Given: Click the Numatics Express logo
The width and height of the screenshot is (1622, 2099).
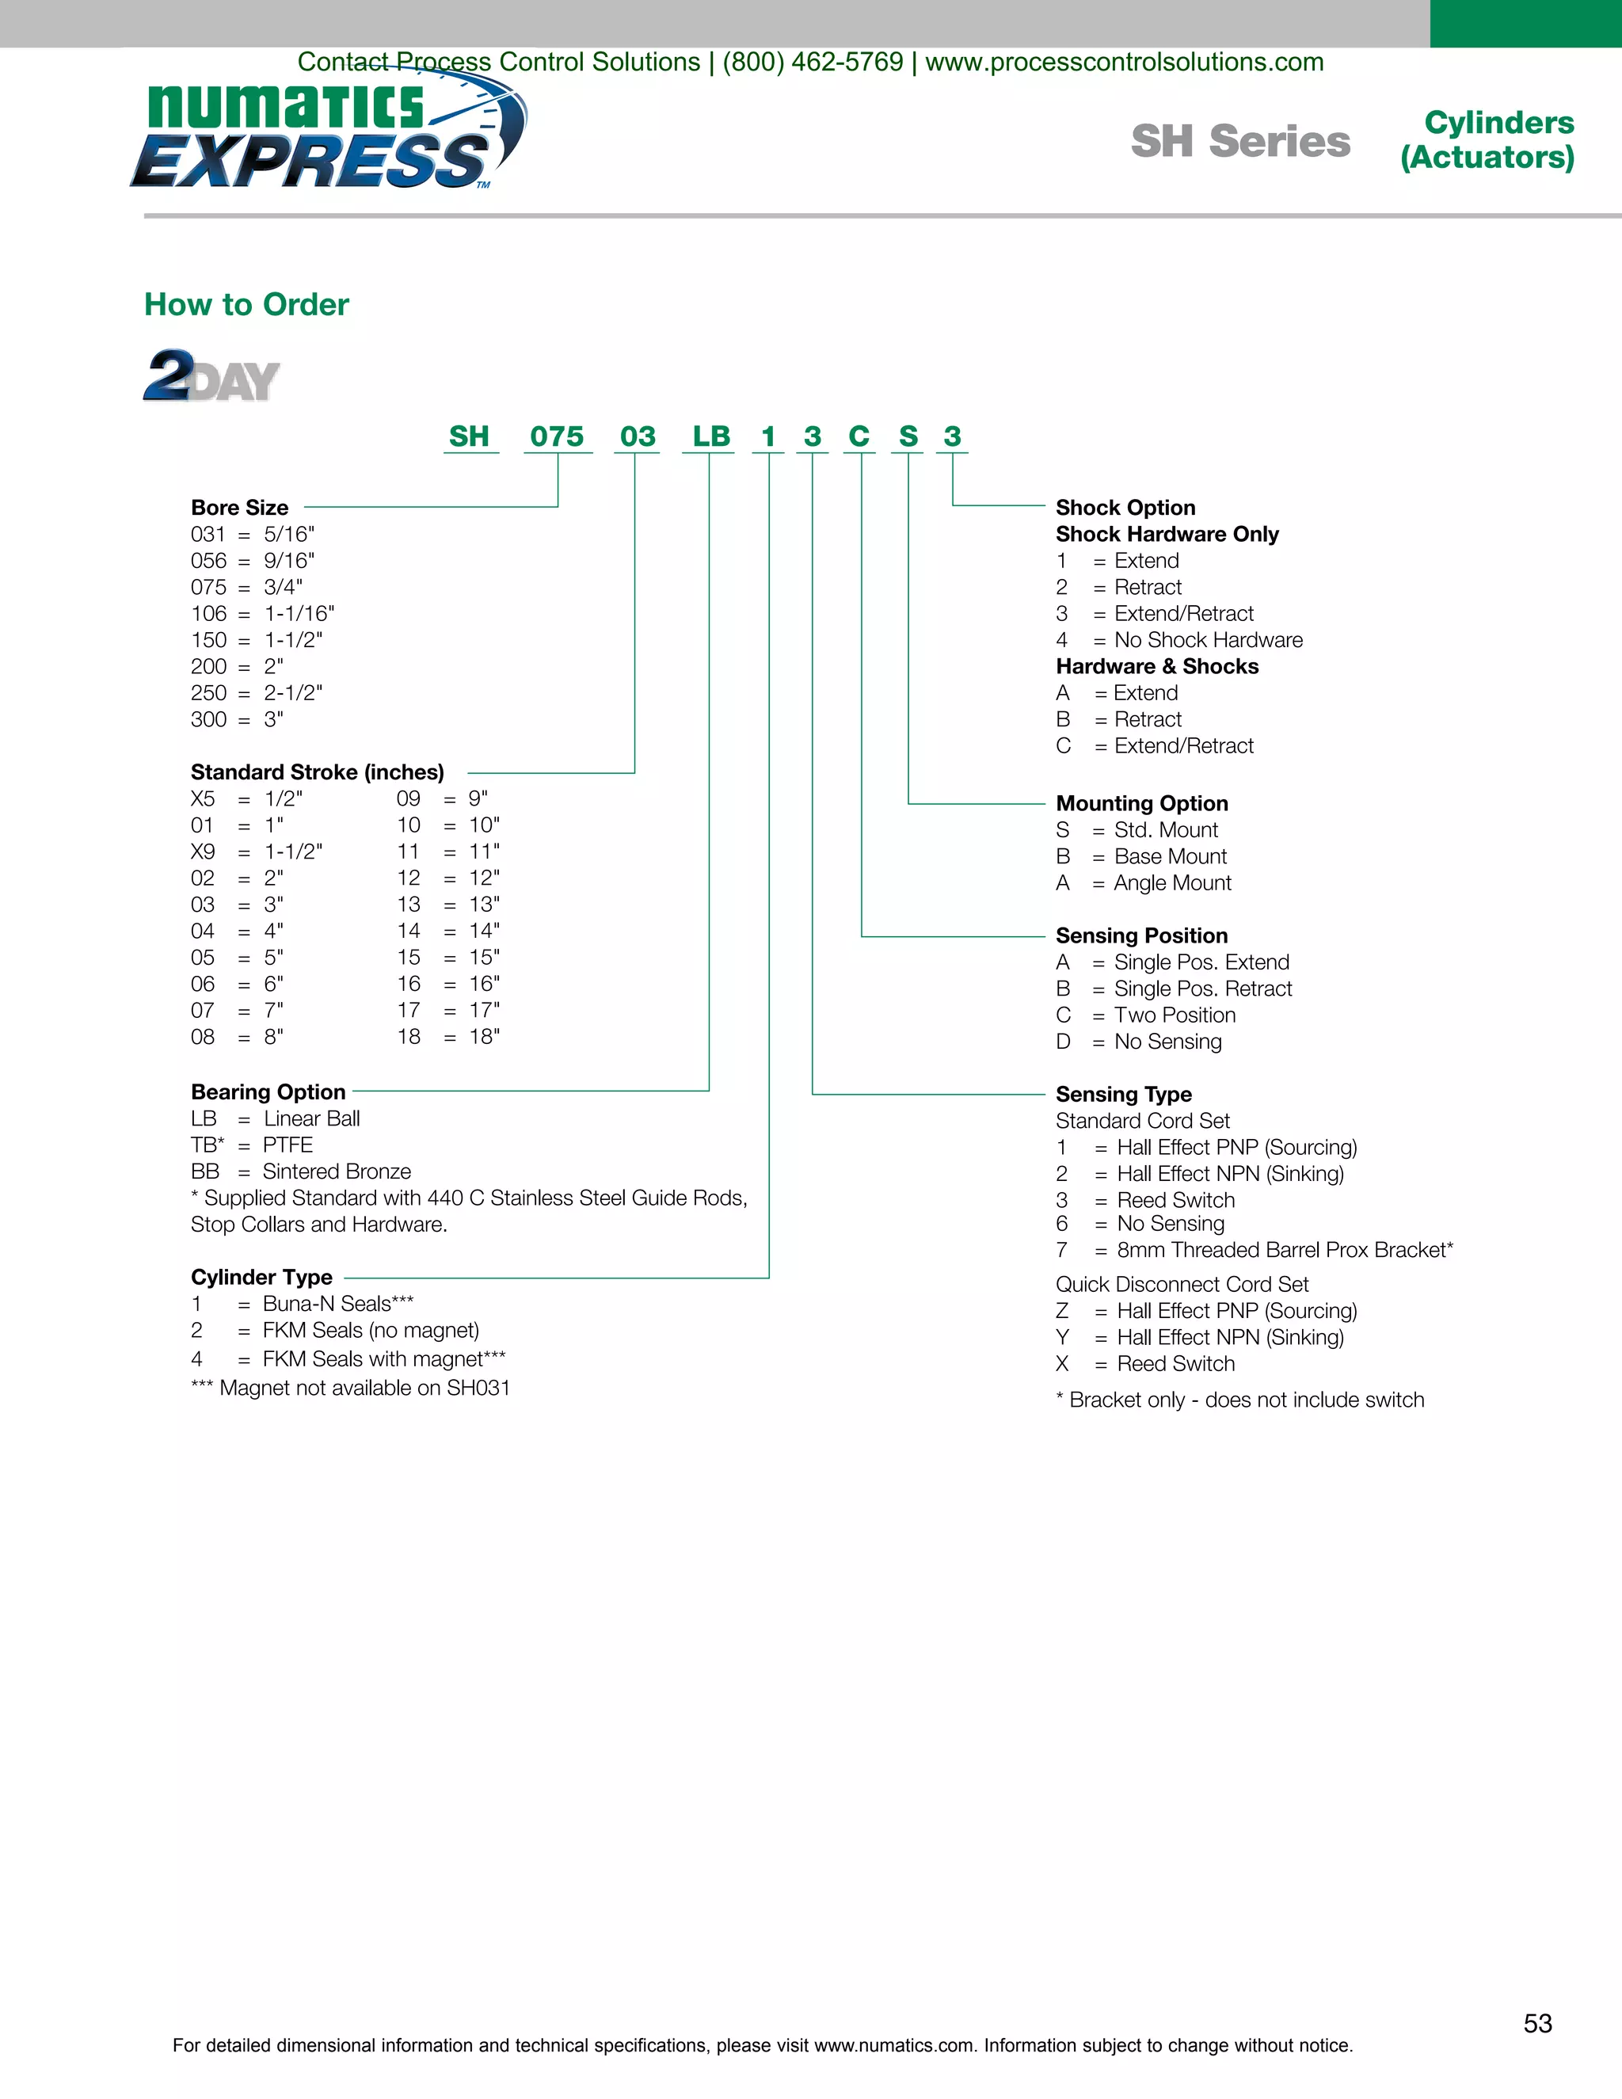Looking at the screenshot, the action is click(x=327, y=135).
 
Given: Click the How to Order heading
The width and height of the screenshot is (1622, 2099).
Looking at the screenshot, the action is click(x=246, y=305).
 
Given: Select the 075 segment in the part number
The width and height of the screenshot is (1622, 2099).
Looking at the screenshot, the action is click(x=558, y=436).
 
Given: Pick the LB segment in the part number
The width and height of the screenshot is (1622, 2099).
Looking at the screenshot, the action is click(x=711, y=436).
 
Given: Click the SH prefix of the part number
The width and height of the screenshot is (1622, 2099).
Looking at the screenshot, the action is click(x=469, y=436).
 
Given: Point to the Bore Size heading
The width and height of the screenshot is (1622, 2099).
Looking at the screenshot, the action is click(x=239, y=508).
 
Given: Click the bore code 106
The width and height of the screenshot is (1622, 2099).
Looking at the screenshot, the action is click(x=208, y=613).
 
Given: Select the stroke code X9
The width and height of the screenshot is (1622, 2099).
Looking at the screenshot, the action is click(x=203, y=851).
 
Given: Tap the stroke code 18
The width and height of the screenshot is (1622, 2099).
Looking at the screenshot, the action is click(x=409, y=1037).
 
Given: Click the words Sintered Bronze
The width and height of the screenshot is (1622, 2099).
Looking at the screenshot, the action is click(x=337, y=1171).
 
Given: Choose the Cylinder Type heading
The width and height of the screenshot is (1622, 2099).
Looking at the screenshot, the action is click(x=261, y=1278).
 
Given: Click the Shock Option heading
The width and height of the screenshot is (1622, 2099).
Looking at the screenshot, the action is click(x=1125, y=508).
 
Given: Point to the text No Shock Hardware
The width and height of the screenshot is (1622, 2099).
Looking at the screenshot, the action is click(x=1208, y=640).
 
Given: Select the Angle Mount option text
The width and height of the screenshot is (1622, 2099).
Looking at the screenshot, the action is click(x=1172, y=883).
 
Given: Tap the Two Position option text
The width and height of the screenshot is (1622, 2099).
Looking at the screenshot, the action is click(x=1175, y=1016).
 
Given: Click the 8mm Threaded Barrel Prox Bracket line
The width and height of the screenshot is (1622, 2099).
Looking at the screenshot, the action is click(x=1284, y=1251).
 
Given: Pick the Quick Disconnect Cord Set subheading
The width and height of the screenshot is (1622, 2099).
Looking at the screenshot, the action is click(x=1182, y=1285).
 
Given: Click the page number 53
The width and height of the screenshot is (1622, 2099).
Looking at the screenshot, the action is click(x=1537, y=2024).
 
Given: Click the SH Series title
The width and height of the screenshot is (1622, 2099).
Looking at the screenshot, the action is click(x=1240, y=141).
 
